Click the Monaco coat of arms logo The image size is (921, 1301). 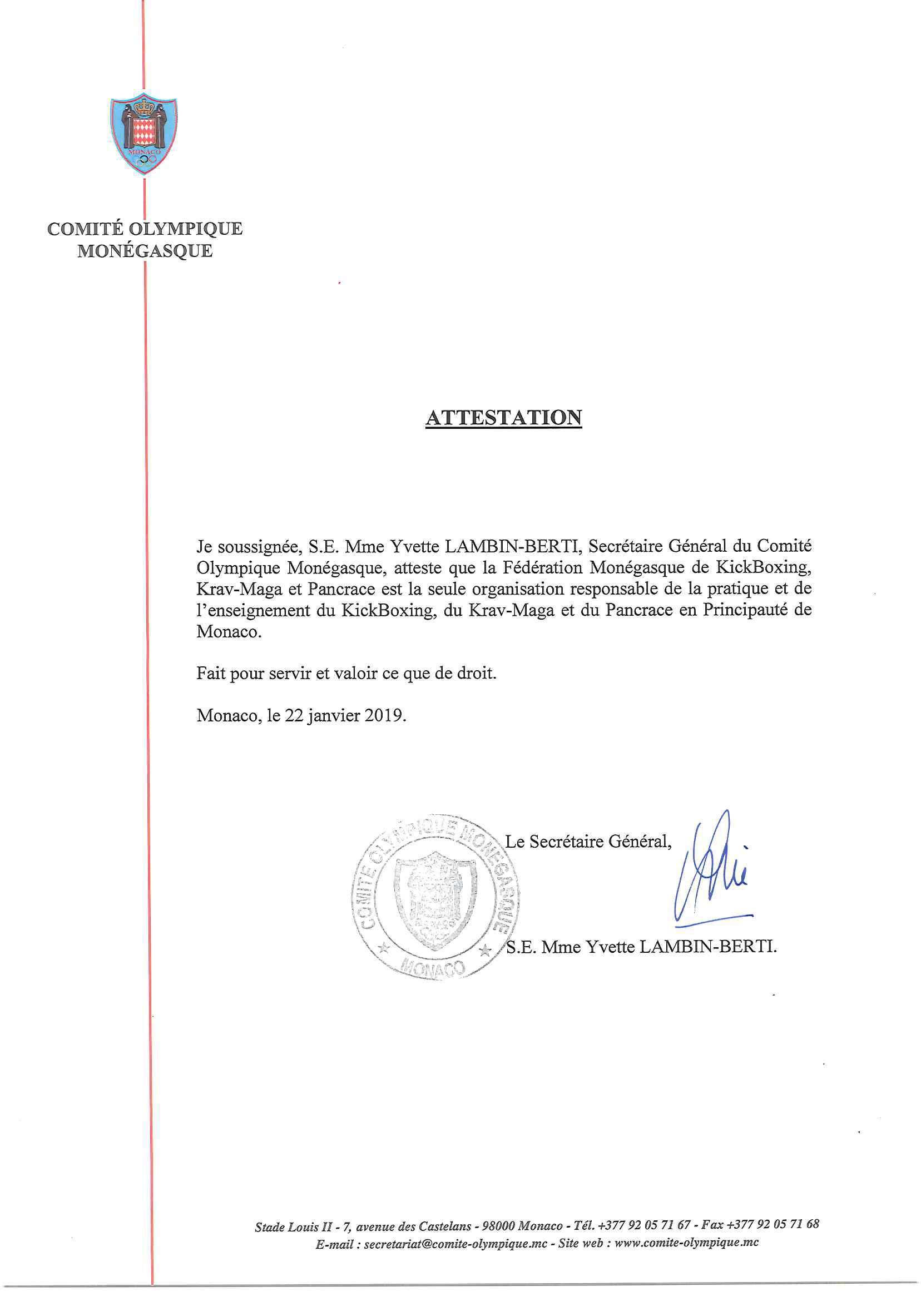point(143,134)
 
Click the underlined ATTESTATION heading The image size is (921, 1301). point(503,417)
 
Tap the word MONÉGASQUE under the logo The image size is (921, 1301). point(145,251)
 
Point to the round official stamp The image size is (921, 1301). point(434,896)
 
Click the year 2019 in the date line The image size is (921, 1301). point(384,715)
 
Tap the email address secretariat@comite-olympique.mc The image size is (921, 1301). point(455,1244)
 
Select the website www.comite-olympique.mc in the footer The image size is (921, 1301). point(686,1243)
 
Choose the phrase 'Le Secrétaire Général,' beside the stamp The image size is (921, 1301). point(588,842)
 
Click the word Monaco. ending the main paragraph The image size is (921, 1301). point(229,631)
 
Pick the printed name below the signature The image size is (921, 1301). point(641,947)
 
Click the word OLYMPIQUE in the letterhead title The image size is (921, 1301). point(185,229)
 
